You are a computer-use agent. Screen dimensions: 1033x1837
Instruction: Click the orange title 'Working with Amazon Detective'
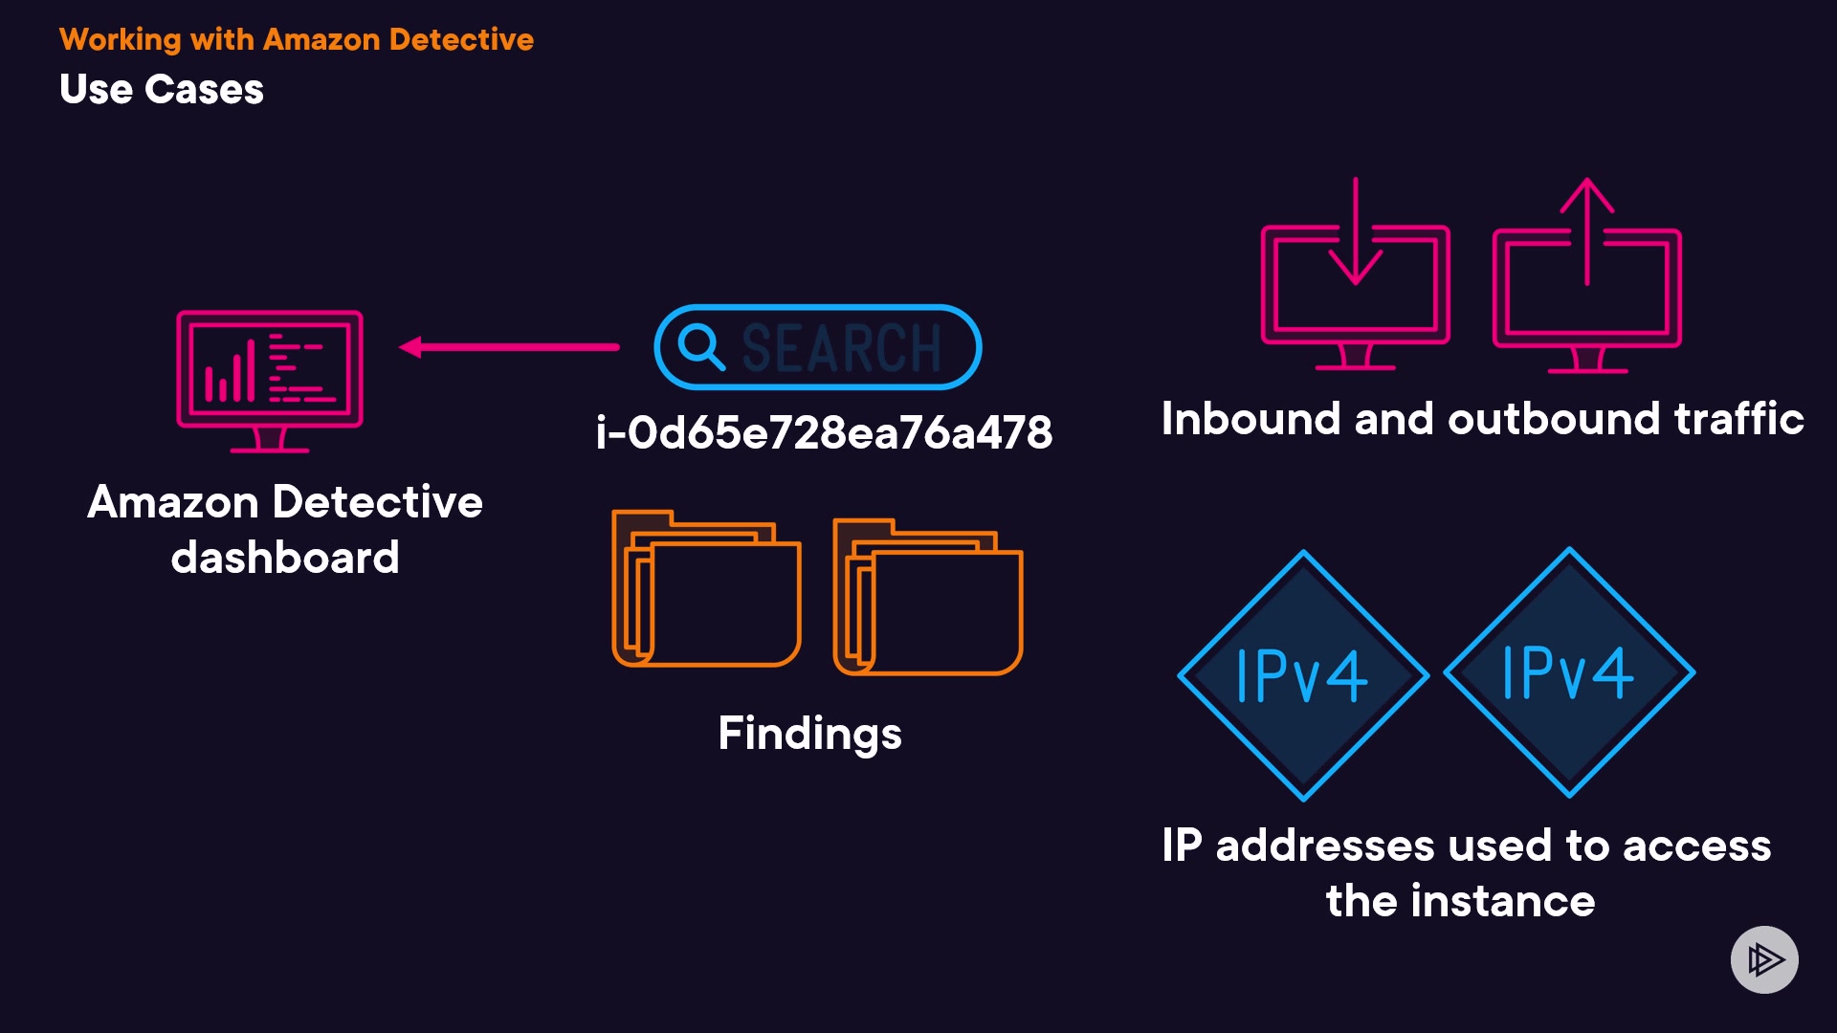click(296, 39)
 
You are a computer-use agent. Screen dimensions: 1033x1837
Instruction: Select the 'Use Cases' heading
click(161, 89)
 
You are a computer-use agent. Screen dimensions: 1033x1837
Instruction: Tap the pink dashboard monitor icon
click(270, 379)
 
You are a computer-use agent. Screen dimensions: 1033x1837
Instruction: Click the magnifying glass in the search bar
click(700, 346)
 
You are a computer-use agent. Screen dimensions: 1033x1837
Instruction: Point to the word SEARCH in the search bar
click(842, 347)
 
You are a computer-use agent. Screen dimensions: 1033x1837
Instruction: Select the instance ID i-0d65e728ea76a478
click(824, 432)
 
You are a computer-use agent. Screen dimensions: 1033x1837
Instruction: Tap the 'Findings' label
click(809, 734)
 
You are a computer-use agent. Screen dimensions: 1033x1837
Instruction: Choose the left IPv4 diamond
click(1302, 675)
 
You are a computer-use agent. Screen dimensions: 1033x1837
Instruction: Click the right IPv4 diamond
click(1568, 672)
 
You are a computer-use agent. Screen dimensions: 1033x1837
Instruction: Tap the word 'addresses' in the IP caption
click(1324, 846)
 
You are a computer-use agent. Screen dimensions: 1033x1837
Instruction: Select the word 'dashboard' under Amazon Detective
click(284, 558)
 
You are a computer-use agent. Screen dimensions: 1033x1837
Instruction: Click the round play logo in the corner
click(1764, 959)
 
